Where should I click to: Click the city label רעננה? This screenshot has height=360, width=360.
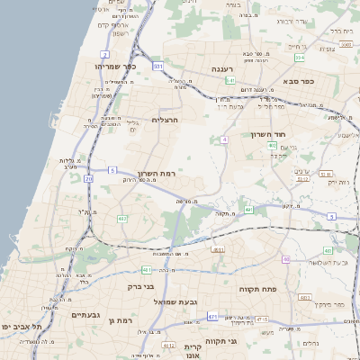click(x=221, y=68)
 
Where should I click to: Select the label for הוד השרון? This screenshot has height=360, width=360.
click(x=267, y=134)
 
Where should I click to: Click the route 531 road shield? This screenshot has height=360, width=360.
click(x=158, y=66)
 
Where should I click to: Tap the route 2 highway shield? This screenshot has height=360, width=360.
click(x=105, y=54)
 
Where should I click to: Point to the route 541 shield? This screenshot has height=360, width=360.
click(x=230, y=80)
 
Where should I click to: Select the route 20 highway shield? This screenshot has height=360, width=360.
click(x=88, y=178)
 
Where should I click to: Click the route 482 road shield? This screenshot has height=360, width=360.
click(x=122, y=218)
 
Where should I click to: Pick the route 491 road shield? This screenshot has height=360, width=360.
click(x=248, y=209)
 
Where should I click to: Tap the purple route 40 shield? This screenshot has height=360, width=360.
click(x=286, y=259)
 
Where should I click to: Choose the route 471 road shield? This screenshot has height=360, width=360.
click(x=212, y=317)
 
